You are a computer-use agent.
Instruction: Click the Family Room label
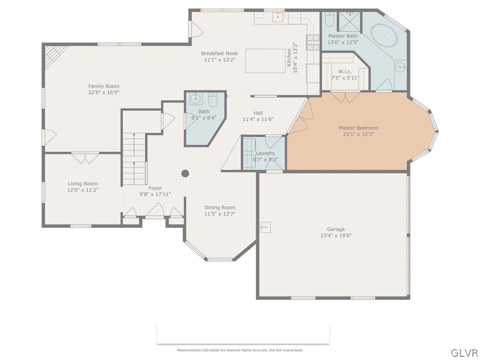point(104,86)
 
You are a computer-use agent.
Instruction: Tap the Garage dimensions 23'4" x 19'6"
point(336,236)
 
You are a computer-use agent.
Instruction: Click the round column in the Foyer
point(185,173)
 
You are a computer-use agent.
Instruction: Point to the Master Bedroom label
point(358,127)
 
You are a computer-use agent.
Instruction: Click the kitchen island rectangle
point(266,61)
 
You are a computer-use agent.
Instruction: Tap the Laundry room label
point(265,153)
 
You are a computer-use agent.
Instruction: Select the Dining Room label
point(219,208)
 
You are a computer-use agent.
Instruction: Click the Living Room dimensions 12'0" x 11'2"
point(82,190)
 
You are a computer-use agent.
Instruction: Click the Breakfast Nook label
point(219,53)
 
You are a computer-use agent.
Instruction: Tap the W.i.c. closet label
point(345,72)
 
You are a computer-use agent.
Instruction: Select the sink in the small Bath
point(195,100)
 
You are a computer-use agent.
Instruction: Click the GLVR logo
point(464,352)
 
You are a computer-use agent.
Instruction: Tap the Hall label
point(258,113)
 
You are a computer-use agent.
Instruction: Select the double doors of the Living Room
point(85,158)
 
